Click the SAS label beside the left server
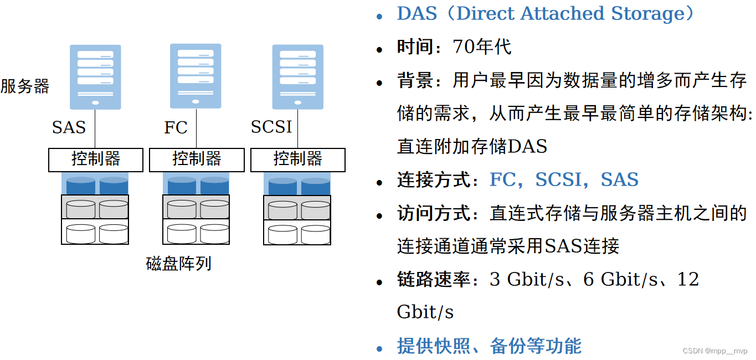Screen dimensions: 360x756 [69, 127]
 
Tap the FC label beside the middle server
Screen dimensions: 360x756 [176, 127]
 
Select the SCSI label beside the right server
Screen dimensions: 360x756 [271, 127]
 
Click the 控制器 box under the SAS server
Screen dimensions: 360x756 [96, 160]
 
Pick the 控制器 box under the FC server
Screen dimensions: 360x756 [197, 160]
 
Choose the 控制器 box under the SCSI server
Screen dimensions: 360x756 [298, 160]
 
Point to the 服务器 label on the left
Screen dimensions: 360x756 [25, 86]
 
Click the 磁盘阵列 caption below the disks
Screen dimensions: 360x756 [178, 264]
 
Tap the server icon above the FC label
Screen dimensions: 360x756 [196, 76]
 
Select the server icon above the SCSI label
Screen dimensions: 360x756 [297, 76]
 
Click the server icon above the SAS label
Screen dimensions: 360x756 [95, 76]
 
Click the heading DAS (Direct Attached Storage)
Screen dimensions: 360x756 [545, 14]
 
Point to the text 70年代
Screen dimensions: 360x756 [482, 47]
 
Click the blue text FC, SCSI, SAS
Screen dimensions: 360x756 [564, 180]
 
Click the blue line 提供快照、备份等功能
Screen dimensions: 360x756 [489, 346]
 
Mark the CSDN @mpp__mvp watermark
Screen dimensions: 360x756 [714, 351]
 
